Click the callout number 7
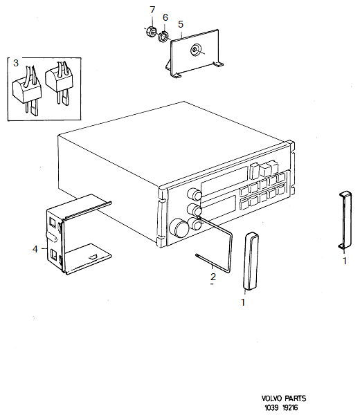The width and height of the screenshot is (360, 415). (x=152, y=9)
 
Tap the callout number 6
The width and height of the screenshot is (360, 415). (x=165, y=17)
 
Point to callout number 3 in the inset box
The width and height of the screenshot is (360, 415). (x=15, y=63)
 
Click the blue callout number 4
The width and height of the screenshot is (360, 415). (x=35, y=248)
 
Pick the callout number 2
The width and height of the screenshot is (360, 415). (x=213, y=277)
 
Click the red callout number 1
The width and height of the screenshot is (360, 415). (x=344, y=261)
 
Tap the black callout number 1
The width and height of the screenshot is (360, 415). (x=243, y=302)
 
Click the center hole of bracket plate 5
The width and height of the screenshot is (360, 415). (x=197, y=50)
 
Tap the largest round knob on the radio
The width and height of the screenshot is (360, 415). (x=180, y=228)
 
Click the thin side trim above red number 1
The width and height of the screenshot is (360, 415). (x=345, y=220)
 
